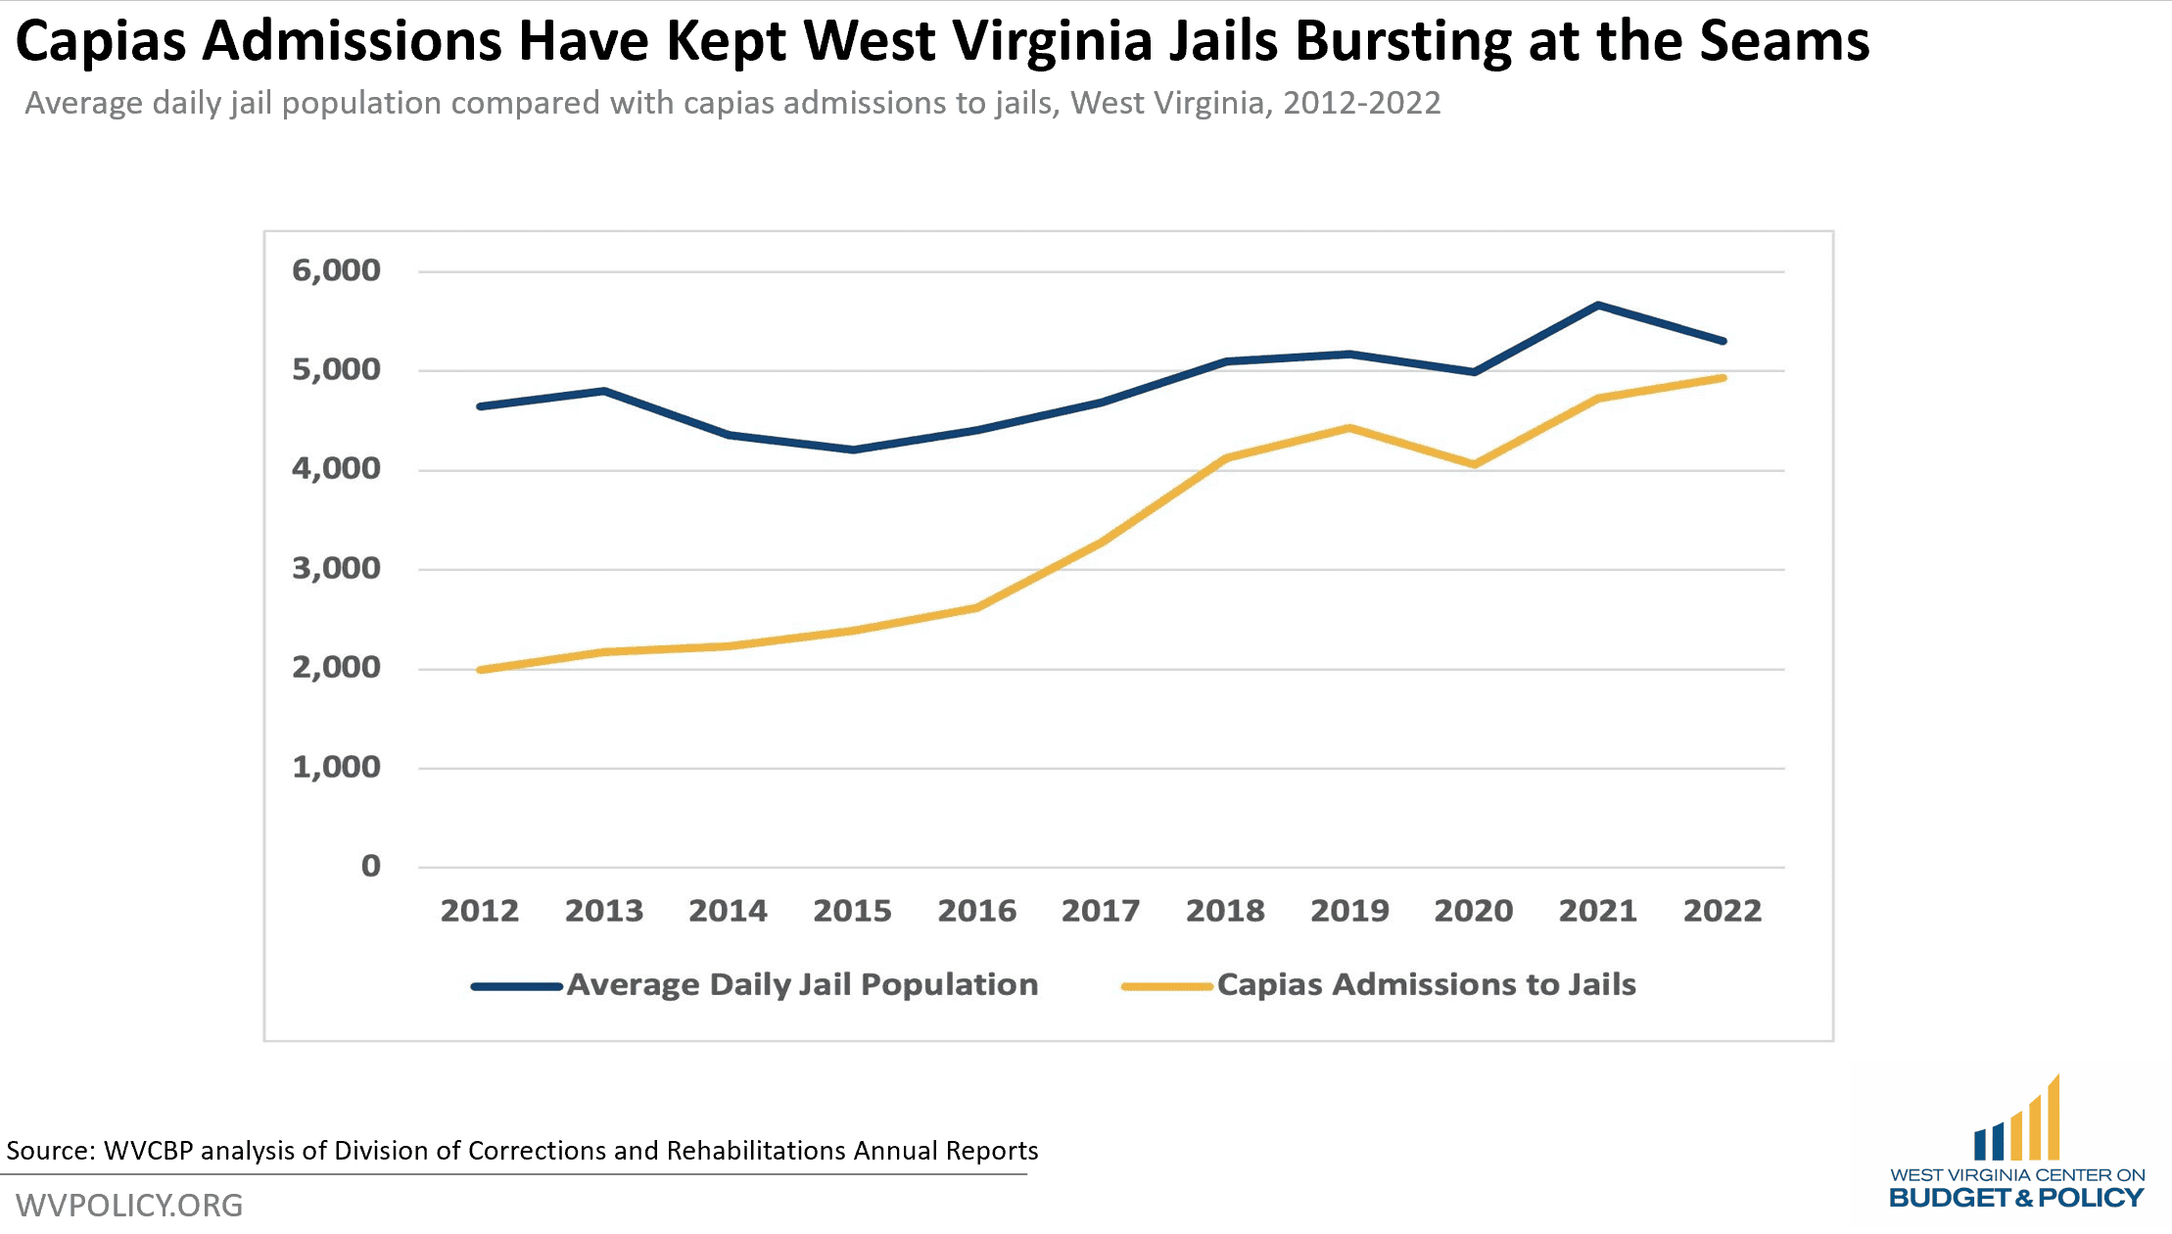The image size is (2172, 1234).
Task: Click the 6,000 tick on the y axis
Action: pos(336,270)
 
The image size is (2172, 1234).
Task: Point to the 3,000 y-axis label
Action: pos(336,568)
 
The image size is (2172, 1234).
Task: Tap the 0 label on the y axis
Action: pos(370,866)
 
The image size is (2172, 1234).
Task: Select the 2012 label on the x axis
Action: pos(479,911)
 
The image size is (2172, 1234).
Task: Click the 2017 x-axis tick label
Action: pos(1101,911)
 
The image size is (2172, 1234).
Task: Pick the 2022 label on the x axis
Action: pos(1722,911)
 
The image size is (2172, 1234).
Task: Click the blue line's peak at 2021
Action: pos(1598,306)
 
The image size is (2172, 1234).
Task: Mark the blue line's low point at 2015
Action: pos(853,450)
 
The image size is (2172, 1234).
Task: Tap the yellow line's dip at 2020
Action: pos(1475,464)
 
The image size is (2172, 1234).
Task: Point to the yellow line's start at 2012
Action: pos(480,670)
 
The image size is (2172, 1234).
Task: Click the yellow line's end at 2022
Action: pos(1723,378)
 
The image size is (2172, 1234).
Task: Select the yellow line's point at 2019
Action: pos(1349,428)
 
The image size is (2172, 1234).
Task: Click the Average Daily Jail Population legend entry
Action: pos(802,984)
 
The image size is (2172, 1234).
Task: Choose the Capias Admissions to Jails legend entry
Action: pos(1426,984)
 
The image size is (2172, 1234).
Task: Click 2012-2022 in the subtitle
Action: pos(1361,103)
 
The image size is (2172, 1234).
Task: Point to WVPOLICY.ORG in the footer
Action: pos(129,1205)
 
